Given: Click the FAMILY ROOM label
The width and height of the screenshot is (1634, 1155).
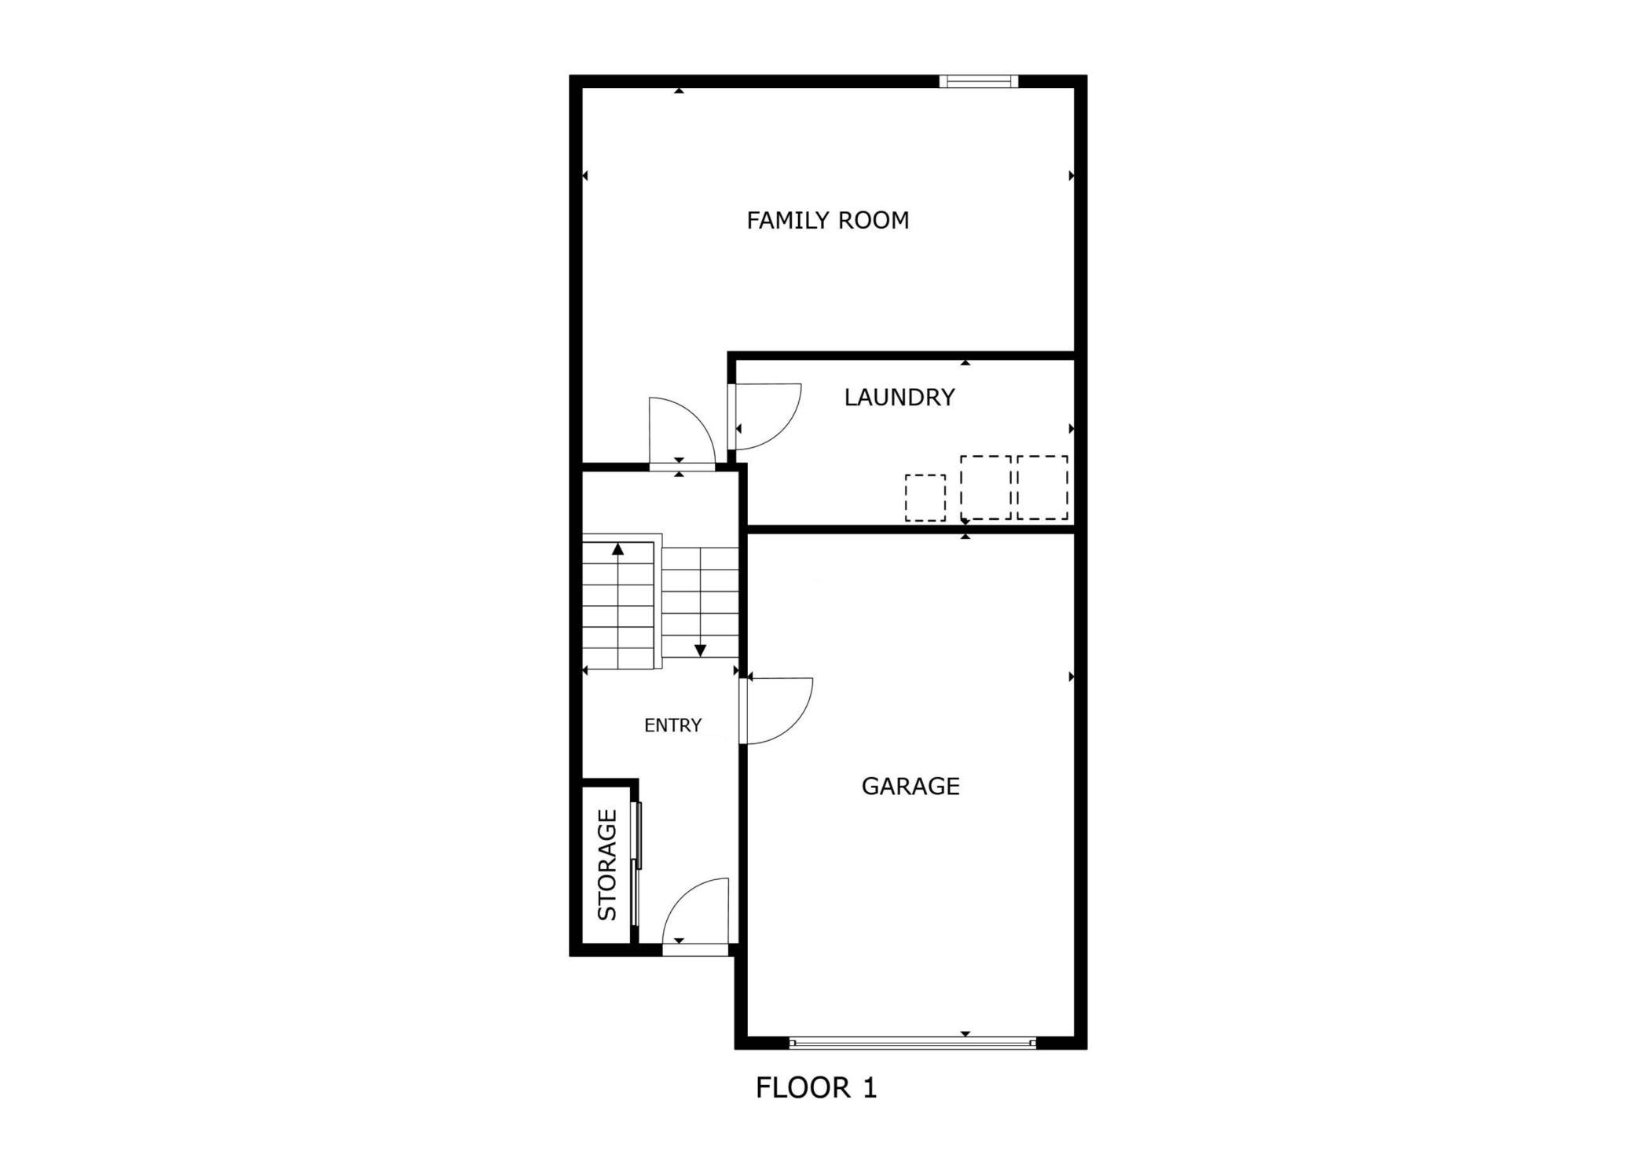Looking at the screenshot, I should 827,221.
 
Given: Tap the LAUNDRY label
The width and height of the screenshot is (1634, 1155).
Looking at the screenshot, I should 899,398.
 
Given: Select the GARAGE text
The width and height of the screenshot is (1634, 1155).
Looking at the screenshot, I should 910,786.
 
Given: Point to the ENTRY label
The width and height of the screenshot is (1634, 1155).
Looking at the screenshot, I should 672,726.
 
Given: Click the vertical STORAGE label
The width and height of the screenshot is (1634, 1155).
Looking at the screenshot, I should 607,864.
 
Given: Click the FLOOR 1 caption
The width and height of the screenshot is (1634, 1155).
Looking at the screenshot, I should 815,1088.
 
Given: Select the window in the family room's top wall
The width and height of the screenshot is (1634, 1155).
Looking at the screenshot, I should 978,81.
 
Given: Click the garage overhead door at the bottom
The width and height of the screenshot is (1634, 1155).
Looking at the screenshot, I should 911,1043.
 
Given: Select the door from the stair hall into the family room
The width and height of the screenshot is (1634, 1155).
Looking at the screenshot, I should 680,432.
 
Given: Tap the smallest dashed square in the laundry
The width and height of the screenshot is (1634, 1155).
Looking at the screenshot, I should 925,497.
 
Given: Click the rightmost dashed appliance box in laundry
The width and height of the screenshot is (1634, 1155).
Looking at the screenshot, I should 1042,487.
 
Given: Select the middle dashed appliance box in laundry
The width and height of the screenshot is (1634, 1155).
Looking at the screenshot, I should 985,487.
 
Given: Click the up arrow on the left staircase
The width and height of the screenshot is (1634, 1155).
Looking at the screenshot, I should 617,549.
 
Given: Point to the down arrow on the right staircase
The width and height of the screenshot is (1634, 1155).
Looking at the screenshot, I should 700,650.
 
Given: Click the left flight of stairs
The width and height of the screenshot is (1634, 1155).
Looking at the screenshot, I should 618,605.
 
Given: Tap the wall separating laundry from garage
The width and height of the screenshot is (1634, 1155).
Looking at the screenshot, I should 910,530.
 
